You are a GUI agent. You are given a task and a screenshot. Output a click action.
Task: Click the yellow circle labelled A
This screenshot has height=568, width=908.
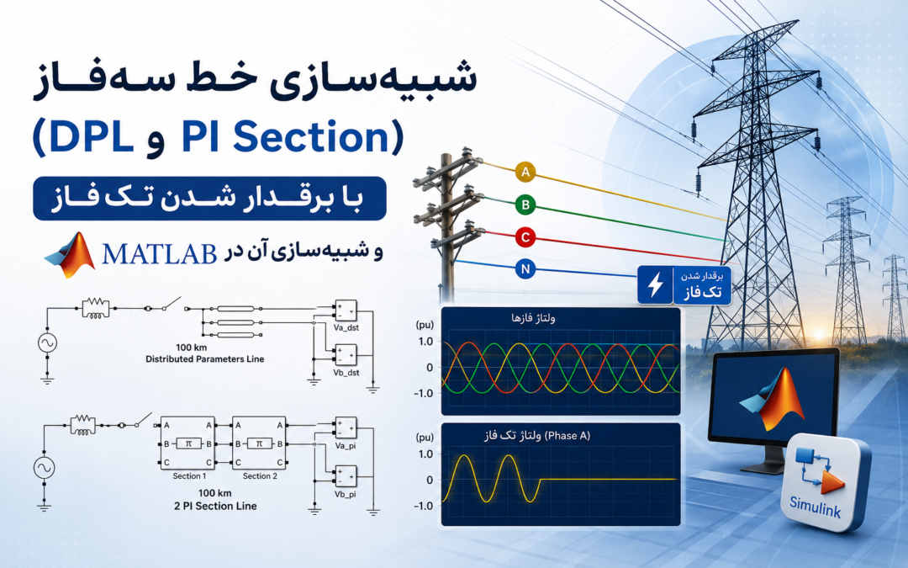(x=525, y=173)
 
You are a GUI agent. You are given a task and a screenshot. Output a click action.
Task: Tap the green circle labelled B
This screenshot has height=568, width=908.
(x=525, y=204)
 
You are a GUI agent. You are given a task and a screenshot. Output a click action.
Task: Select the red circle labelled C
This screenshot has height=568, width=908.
(x=525, y=237)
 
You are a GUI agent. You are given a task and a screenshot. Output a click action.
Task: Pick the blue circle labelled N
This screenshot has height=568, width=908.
(x=525, y=269)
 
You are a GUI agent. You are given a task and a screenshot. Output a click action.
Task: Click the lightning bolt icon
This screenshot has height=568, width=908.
(x=656, y=285)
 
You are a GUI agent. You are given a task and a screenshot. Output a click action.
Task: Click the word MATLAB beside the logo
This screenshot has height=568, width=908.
(x=159, y=254)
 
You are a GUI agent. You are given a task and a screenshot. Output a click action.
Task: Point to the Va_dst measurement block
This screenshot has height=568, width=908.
(x=346, y=310)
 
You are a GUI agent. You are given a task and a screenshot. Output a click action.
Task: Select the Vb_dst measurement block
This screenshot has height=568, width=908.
(x=346, y=355)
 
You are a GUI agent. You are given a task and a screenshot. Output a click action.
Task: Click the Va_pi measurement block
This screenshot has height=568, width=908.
(x=346, y=428)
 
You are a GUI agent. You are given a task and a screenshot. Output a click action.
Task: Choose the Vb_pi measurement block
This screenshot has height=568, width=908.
(x=346, y=476)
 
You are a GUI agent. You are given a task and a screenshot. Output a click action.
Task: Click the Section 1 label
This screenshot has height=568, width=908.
(x=189, y=475)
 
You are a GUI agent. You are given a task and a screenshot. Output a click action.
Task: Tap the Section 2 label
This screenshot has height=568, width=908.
(x=260, y=475)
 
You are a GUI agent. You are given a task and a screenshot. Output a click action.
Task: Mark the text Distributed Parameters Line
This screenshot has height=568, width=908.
(x=204, y=359)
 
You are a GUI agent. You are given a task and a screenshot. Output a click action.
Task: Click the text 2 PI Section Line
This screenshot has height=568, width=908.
(x=215, y=506)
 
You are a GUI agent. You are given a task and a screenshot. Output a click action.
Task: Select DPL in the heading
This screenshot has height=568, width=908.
(x=91, y=137)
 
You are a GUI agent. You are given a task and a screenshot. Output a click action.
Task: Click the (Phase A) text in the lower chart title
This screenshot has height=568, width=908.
(x=567, y=436)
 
